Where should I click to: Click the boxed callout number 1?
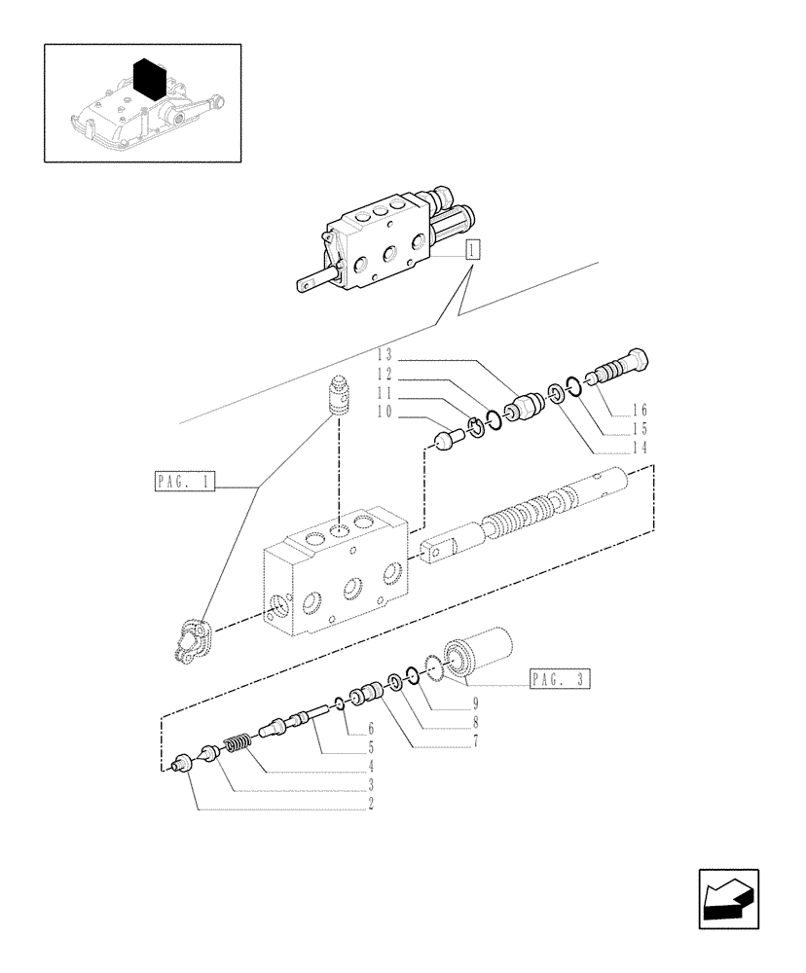tap(472, 249)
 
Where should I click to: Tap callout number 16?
tap(641, 410)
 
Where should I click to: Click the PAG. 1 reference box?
tap(182, 481)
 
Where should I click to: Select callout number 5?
tap(371, 748)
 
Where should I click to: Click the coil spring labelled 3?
tap(238, 746)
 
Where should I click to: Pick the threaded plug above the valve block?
tap(340, 397)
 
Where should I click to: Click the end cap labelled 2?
tap(179, 766)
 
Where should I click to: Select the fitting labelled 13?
tap(526, 401)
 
